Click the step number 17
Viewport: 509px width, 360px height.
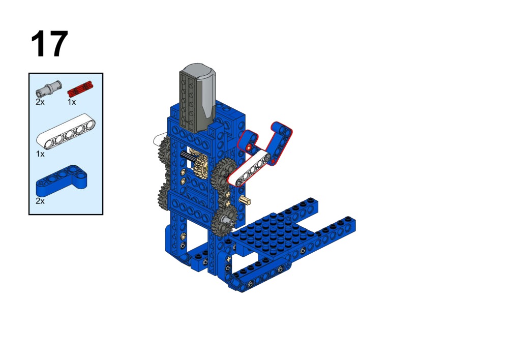(49, 44)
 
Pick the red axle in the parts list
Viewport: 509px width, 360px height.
(80, 88)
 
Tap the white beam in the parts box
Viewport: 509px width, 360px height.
(66, 132)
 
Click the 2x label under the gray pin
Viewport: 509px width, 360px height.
(40, 102)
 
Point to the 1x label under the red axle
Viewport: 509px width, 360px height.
(72, 102)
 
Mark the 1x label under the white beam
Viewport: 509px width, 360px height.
(40, 154)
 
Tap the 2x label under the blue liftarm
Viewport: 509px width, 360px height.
(40, 201)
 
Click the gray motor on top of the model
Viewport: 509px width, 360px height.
(197, 98)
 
